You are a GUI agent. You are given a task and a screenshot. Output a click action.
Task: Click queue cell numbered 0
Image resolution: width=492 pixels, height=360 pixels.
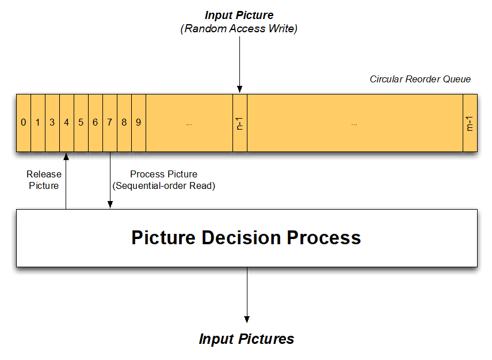23,123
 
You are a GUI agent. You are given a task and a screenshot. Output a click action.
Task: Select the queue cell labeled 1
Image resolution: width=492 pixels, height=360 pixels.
37,123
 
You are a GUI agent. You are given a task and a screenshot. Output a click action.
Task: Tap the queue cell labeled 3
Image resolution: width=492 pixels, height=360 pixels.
52,123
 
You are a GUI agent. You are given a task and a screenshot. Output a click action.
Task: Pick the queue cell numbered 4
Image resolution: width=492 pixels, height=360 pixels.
66,123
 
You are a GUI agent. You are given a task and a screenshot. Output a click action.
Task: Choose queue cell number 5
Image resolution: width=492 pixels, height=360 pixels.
81,123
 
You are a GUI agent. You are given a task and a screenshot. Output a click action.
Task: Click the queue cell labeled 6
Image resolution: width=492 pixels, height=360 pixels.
95,123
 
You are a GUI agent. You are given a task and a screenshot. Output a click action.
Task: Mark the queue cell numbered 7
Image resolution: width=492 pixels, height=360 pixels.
109,123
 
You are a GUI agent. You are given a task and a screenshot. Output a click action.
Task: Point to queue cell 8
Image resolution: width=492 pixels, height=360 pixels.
124,123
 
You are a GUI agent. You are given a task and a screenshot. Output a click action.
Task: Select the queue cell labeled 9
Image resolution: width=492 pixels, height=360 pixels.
138,123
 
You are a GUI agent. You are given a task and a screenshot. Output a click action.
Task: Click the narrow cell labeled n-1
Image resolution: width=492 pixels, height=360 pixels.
239,123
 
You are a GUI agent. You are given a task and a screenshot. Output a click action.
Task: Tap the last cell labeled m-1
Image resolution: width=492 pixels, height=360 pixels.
470,123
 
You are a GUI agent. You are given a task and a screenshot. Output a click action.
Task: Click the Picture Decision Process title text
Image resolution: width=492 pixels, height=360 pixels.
246,238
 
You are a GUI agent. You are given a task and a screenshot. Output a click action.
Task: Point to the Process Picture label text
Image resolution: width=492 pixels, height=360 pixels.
163,180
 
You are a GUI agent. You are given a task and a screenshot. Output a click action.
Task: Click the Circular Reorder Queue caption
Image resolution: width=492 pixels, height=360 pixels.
420,79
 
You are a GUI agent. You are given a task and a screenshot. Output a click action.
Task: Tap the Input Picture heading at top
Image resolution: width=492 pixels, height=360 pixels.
239,15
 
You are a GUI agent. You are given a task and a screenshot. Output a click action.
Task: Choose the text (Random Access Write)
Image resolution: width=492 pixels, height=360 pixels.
239,29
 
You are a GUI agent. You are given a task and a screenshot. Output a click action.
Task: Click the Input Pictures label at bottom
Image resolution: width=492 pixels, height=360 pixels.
246,339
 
